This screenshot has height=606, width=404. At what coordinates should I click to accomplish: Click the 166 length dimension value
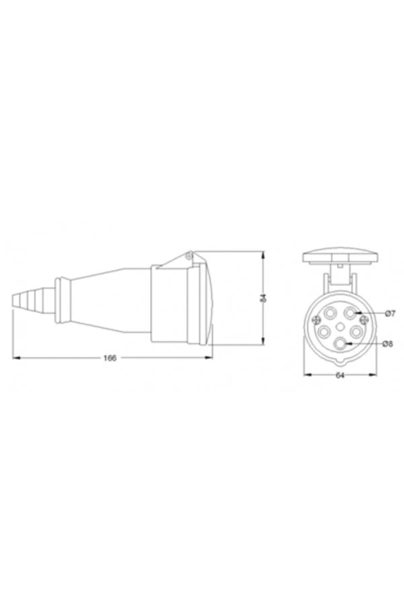tap(110, 358)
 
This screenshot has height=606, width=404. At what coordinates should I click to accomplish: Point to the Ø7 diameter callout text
tap(390, 313)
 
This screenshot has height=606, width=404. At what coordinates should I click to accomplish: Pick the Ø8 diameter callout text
tap(388, 344)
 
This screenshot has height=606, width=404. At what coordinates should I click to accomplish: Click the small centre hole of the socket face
tap(340, 326)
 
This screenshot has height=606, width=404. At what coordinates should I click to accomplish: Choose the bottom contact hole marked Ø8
tap(340, 344)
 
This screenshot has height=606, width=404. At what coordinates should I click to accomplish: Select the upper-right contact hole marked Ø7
tap(351, 313)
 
